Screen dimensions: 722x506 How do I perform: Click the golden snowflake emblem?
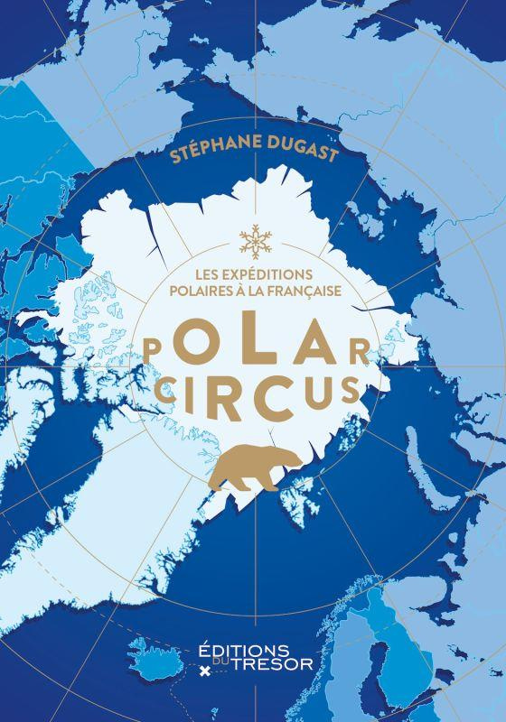pos(253,240)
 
